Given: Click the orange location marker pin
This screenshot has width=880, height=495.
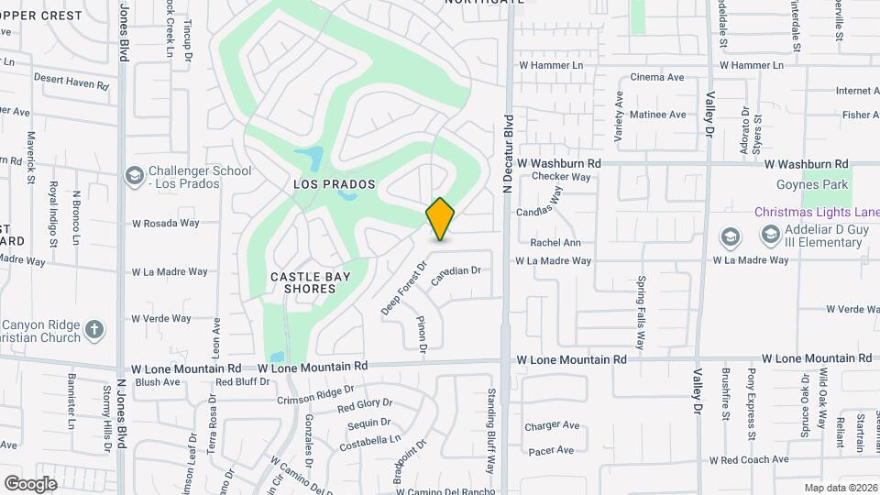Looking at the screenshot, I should click(x=441, y=219).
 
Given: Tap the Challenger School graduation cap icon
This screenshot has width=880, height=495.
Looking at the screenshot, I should click(x=135, y=174).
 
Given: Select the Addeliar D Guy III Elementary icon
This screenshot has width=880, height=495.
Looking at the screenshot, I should click(x=731, y=236).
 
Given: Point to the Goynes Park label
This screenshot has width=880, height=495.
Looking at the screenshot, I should click(x=812, y=185).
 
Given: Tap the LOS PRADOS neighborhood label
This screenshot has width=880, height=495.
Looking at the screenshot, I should click(x=335, y=184).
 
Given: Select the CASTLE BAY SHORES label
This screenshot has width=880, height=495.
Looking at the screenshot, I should click(x=303, y=281).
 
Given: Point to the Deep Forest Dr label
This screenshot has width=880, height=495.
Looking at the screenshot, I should click(x=404, y=290).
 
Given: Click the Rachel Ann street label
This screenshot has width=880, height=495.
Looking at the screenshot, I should click(x=555, y=243).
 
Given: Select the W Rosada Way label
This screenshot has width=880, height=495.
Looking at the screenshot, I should click(x=165, y=223).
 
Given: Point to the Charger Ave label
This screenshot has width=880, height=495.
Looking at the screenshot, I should click(x=552, y=426).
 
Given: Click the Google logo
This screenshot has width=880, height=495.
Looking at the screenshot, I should click(x=31, y=484).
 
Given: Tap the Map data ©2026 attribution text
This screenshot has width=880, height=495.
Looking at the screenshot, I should click(x=840, y=488).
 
